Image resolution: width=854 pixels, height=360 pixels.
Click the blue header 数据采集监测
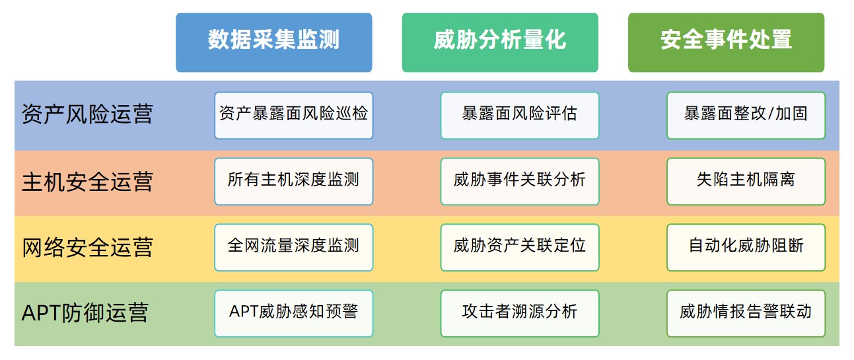pyautogui.click(x=273, y=42)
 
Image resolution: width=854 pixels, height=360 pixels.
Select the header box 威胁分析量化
pyautogui.click(x=500, y=42)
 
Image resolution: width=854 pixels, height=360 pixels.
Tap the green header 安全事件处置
pyautogui.click(x=727, y=42)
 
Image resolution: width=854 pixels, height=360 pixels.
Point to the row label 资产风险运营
pyautogui.click(x=87, y=114)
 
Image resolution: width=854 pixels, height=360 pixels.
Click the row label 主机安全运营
pyautogui.click(x=87, y=182)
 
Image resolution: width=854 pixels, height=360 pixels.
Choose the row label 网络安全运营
pyautogui.click(x=87, y=248)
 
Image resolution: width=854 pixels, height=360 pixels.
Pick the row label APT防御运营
pyautogui.click(x=85, y=313)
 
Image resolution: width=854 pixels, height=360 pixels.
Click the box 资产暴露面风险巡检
pyautogui.click(x=293, y=115)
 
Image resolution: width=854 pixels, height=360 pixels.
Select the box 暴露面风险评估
pyautogui.click(x=520, y=115)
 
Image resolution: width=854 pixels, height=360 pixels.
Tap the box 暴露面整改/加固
pyautogui.click(x=746, y=115)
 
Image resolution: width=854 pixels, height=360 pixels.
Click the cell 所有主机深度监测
pyautogui.click(x=293, y=182)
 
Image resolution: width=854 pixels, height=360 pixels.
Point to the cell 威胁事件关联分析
pyautogui.click(x=520, y=182)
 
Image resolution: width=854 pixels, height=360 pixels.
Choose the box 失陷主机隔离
pyautogui.click(x=746, y=182)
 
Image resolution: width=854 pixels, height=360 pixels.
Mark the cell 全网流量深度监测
pyautogui.click(x=293, y=248)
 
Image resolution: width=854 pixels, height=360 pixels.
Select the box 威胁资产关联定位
pyautogui.click(x=520, y=248)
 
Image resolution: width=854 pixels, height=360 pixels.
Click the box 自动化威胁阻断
pyautogui.click(x=746, y=248)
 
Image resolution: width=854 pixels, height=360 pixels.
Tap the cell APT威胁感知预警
pyautogui.click(x=293, y=314)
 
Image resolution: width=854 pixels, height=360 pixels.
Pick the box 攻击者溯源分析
pyautogui.click(x=520, y=314)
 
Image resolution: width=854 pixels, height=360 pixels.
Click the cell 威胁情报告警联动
pyautogui.click(x=746, y=314)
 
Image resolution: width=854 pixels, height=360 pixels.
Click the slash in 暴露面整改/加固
pyautogui.click(x=770, y=114)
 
